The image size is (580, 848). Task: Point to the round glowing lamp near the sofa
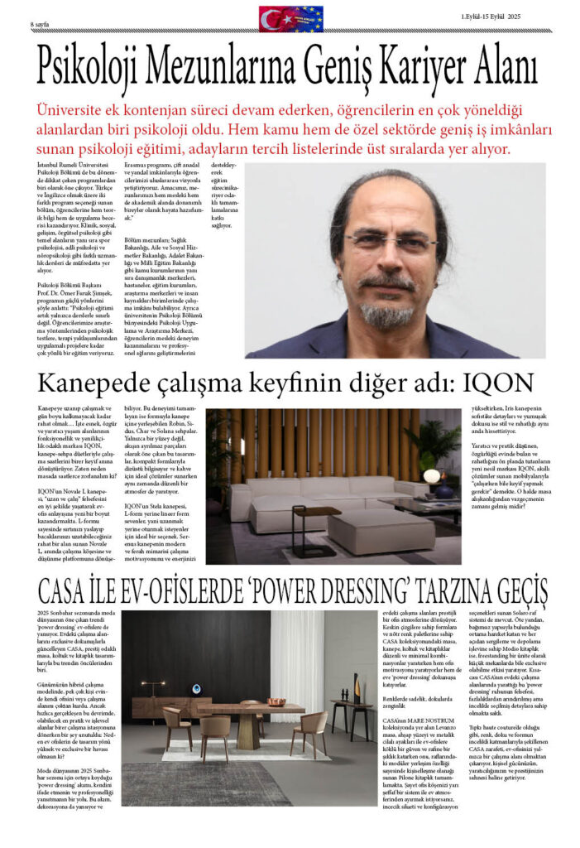coord(431,477)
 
